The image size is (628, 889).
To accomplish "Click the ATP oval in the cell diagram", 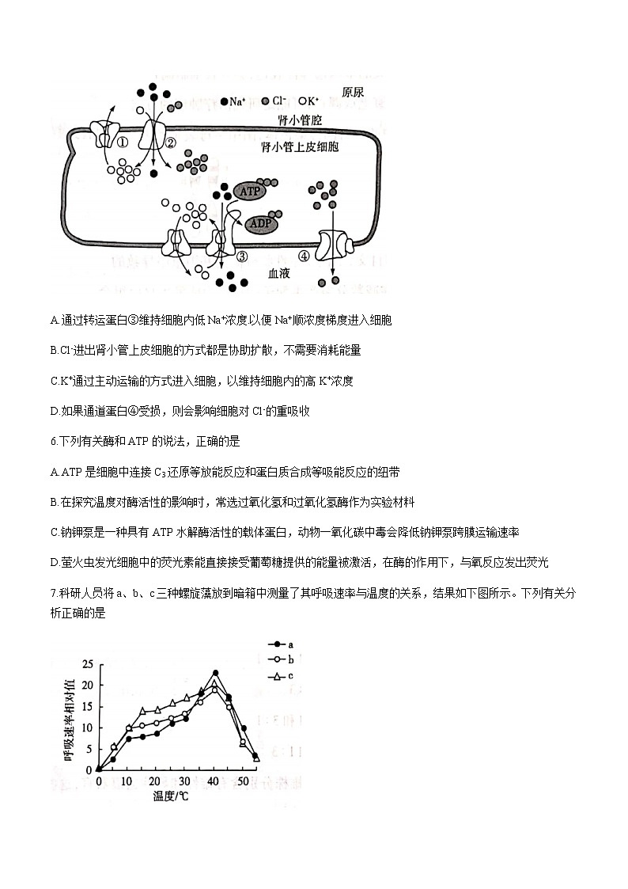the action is point(250,192).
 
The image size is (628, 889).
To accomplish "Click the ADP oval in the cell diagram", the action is point(260,224).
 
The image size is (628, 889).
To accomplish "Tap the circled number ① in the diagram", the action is point(123,142).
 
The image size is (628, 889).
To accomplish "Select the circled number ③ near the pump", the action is point(242,256).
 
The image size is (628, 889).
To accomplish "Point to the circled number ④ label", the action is point(304,256).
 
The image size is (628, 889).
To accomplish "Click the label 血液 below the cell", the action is point(280,272).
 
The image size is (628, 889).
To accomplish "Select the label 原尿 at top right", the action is point(353,93).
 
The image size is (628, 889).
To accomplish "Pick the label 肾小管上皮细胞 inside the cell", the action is point(299,147).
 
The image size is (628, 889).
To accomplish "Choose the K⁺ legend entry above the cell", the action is point(308,101).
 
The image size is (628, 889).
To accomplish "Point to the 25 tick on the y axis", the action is point(88,664).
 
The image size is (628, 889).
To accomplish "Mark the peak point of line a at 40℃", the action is point(215,673).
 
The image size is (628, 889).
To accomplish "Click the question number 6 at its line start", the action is point(52,441).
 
